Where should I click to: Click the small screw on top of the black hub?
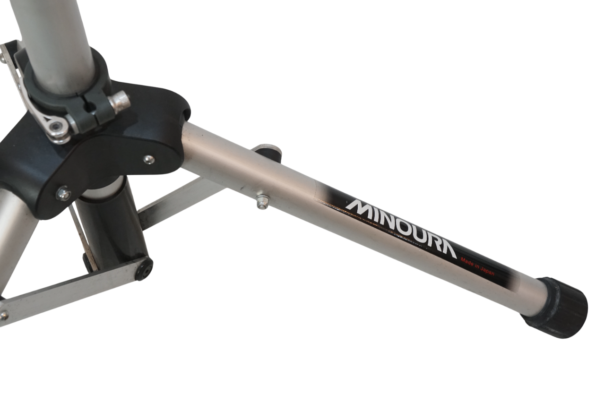(x=149, y=159)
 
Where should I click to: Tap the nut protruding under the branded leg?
(x=262, y=202)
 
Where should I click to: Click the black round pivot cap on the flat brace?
(x=144, y=269)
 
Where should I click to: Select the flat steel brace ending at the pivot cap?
(x=71, y=288)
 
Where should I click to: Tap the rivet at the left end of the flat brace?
(x=4, y=315)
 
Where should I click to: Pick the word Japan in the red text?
(x=487, y=271)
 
